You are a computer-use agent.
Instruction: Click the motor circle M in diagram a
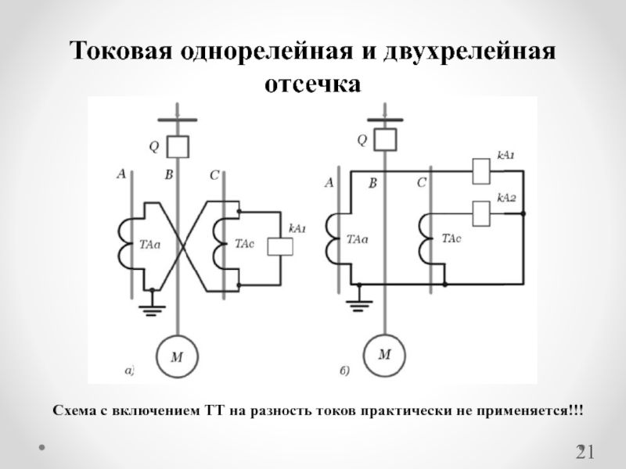pyautogui.click(x=178, y=357)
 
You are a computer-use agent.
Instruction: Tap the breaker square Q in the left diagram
pyautogui.click(x=179, y=146)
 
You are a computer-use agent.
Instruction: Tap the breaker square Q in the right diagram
pyautogui.click(x=385, y=141)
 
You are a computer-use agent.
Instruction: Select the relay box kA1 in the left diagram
pyautogui.click(x=279, y=246)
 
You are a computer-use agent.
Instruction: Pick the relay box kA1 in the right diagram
pyautogui.click(x=480, y=170)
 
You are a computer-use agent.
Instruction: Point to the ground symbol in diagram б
pyautogui.click(x=358, y=298)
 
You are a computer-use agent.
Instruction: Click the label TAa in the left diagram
pyautogui.click(x=149, y=245)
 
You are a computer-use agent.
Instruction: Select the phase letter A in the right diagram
pyautogui.click(x=329, y=183)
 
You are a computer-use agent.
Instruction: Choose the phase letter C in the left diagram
pyautogui.click(x=213, y=175)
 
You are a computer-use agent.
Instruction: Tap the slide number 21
pyautogui.click(x=586, y=452)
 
